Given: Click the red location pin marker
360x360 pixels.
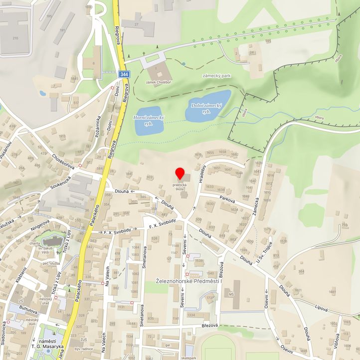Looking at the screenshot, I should click(x=180, y=175).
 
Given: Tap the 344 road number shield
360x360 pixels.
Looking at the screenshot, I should click(x=124, y=74).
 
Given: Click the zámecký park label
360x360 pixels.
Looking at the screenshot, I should click(x=216, y=76).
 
